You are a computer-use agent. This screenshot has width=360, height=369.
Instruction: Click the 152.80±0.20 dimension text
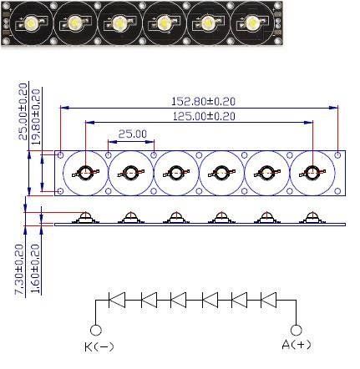[203, 101]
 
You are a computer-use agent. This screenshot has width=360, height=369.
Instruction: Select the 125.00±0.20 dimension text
[204, 116]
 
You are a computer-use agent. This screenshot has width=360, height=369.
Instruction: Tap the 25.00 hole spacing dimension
[132, 134]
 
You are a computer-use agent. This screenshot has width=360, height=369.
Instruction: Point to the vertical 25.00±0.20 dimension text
[23, 111]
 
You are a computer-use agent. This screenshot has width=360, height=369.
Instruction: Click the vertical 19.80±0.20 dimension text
[36, 116]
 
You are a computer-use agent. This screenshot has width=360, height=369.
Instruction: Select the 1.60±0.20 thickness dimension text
[35, 269]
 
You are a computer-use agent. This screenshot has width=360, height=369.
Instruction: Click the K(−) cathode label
[99, 346]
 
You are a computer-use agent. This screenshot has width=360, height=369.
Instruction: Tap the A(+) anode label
[297, 345]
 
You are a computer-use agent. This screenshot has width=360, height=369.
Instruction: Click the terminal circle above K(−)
[96, 331]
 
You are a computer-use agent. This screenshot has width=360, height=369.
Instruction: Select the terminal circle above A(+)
[296, 331]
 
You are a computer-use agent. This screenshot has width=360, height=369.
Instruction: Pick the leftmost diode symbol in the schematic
[117, 300]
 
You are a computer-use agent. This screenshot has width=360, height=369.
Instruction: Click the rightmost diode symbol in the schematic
[268, 300]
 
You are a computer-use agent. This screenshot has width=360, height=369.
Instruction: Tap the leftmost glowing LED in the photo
[30, 22]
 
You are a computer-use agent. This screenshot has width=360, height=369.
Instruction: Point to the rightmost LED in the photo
[252, 23]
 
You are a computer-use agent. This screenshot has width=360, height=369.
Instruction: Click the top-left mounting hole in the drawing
[60, 155]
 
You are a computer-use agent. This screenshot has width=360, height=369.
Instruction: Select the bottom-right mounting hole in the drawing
[337, 191]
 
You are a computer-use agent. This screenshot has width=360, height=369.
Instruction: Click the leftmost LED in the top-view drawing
[85, 173]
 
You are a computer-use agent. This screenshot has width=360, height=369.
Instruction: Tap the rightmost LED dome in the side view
[312, 217]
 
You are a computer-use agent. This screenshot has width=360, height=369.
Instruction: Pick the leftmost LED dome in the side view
[85, 217]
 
